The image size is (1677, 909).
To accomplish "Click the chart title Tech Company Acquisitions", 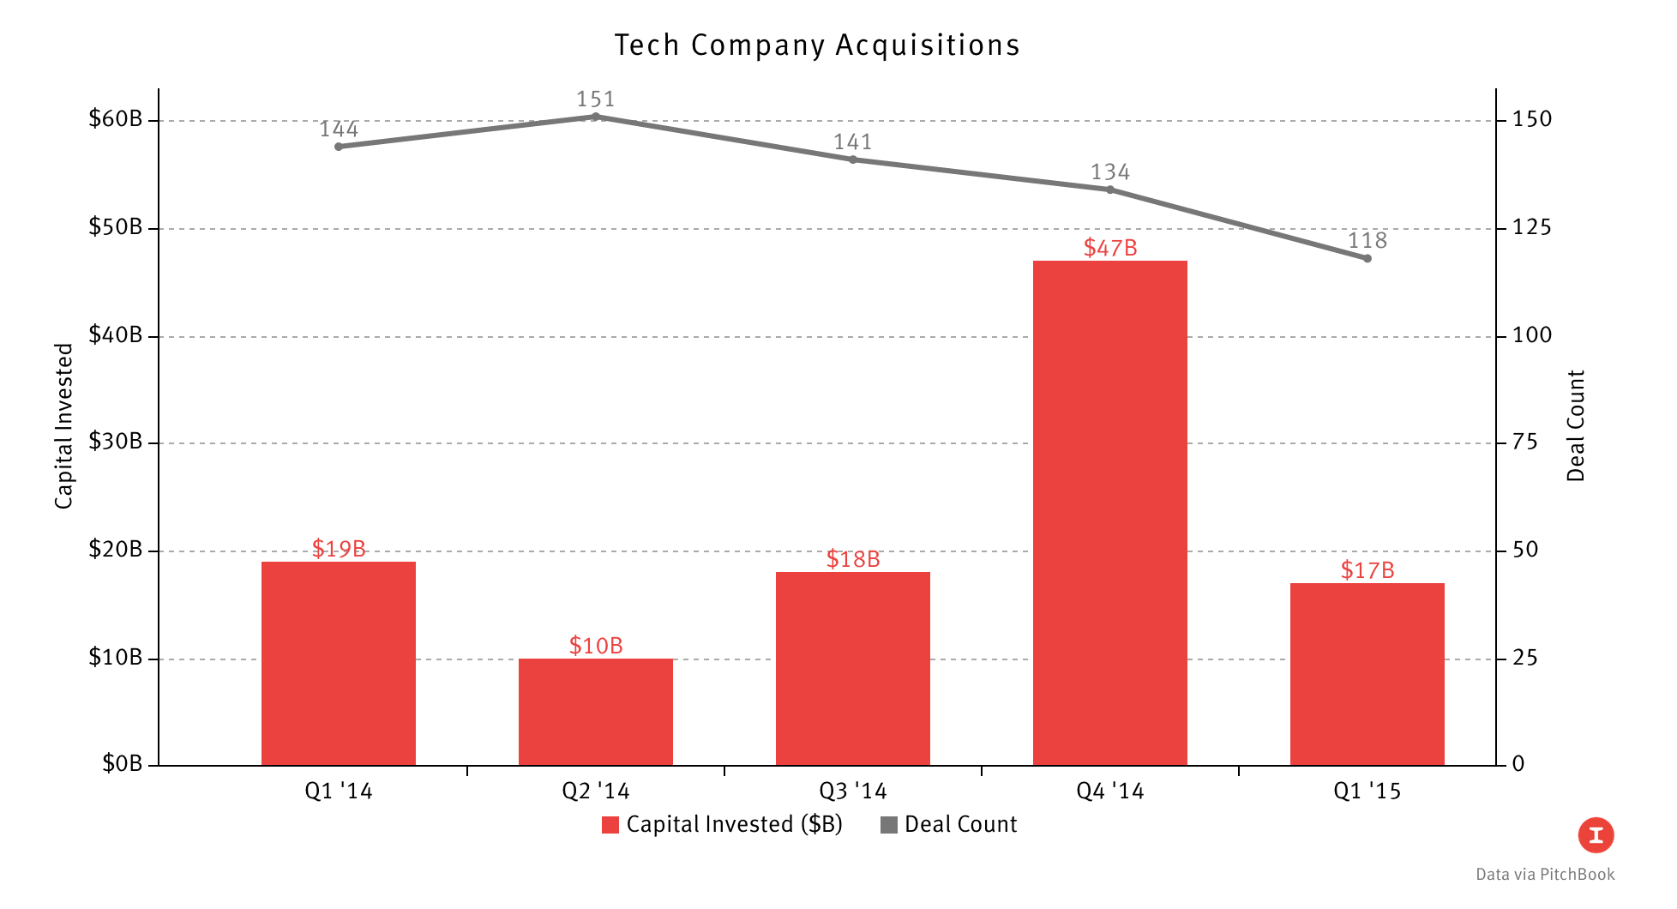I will tap(817, 45).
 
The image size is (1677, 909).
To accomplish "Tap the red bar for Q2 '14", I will tap(595, 712).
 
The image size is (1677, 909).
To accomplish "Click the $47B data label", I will tap(1109, 248).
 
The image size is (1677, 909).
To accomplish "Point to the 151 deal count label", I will tap(595, 99).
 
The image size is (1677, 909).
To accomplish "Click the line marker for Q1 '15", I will tap(1367, 258).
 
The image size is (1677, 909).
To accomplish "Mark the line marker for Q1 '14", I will tap(339, 147).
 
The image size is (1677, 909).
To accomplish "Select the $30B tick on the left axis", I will tap(115, 442).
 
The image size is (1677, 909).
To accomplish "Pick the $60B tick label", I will tap(115, 119).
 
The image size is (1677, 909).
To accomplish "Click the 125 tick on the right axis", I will tap(1531, 227).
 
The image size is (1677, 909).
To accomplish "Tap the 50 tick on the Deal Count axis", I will tap(1525, 550).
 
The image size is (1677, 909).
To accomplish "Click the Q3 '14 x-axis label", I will tap(852, 791).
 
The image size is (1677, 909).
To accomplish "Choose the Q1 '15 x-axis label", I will tap(1367, 791).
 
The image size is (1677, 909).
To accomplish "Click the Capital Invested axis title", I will tap(64, 426).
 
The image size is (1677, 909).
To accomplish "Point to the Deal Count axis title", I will tap(1576, 426).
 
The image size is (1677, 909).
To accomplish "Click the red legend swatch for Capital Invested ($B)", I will tap(610, 825).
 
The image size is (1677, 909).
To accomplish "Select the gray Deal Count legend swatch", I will tap(889, 825).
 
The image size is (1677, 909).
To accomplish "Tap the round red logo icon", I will tap(1596, 835).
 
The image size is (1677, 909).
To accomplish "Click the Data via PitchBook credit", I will tap(1545, 875).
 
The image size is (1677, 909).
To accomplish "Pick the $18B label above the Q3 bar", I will tap(852, 559).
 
